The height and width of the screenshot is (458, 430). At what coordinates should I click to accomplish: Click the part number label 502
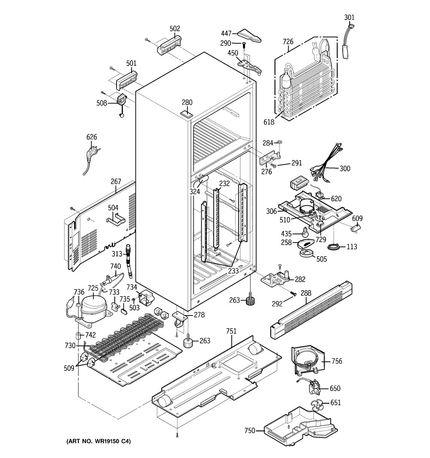[x=175, y=29]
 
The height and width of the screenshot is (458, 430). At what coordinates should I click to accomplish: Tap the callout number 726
[x=288, y=42]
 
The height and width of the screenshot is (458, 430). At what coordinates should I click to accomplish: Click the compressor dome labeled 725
[x=93, y=305]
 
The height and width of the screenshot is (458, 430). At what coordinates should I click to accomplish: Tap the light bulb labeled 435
[x=305, y=232]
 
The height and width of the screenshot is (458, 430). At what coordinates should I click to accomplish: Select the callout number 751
[x=231, y=331]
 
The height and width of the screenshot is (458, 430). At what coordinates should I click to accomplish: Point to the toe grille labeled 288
[x=311, y=310]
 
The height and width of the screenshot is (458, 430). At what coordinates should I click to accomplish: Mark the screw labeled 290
[x=244, y=45]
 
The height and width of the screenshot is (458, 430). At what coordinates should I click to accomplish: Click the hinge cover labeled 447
[x=249, y=36]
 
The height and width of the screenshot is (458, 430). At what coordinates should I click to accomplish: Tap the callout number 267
[x=116, y=181]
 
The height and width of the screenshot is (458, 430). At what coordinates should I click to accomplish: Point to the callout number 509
[x=69, y=368]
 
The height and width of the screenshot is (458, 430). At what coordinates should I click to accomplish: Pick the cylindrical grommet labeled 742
[x=78, y=335]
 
